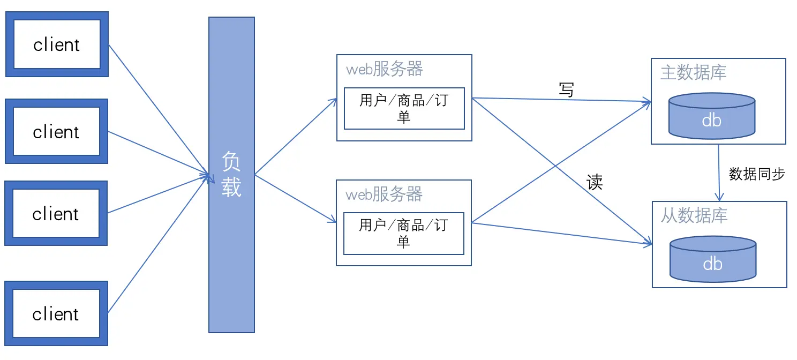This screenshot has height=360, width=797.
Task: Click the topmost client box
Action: pos(57,44)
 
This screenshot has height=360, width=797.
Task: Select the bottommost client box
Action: pos(56,313)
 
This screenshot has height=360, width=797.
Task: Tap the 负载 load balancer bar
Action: pos(231,175)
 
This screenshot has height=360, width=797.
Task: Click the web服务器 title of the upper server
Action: pos(385,69)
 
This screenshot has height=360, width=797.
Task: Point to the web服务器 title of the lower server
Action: pos(385,194)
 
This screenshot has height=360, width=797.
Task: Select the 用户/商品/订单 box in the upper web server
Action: pos(404,109)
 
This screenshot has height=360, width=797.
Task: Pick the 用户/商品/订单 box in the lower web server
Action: pos(403,234)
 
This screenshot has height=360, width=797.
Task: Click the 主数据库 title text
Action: pos(693,72)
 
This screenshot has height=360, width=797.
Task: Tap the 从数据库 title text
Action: pos(694,216)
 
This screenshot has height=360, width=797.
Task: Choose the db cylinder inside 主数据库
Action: pos(712,116)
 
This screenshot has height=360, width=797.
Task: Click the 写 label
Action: pos(566,90)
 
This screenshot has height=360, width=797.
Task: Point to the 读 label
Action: pos(595,183)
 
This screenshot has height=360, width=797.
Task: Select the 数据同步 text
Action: pos(757,174)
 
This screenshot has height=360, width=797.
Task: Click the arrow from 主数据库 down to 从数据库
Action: pos(719,171)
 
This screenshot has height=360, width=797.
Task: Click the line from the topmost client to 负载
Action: pos(158,109)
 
